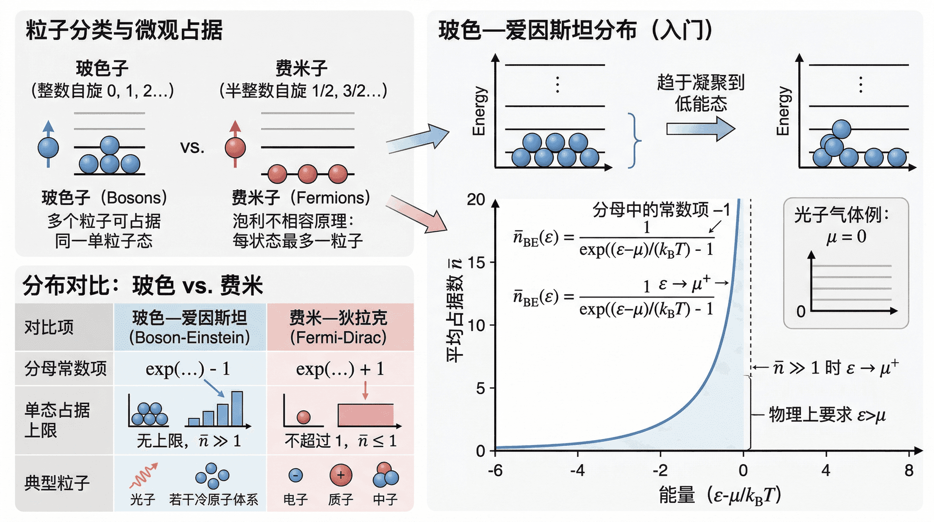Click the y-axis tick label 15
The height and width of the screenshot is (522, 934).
coord(476,263)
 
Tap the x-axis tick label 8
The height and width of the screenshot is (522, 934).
coord(909,470)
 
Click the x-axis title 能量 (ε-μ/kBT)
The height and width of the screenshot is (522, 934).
coord(720,495)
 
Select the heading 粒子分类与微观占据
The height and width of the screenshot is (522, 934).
coord(124,30)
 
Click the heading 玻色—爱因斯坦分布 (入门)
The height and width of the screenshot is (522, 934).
coord(575,30)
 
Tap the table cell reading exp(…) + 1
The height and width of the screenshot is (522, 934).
coord(340,369)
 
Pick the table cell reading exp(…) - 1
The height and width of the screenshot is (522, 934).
coord(188,369)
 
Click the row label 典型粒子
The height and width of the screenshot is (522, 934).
coord(57,483)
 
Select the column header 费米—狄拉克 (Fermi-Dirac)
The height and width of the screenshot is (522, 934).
coord(339,327)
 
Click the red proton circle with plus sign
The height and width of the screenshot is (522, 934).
coord(341,475)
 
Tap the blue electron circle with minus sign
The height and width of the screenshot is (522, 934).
coord(295,475)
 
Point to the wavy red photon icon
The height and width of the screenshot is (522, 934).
coord(144,475)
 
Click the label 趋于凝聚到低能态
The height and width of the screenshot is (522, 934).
coord(700,93)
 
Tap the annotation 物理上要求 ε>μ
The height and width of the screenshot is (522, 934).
coord(827,414)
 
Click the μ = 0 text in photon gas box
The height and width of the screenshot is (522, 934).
coord(846,237)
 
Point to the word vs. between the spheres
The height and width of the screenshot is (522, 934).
coord(192,147)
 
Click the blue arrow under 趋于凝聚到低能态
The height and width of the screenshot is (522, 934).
coord(700,129)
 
